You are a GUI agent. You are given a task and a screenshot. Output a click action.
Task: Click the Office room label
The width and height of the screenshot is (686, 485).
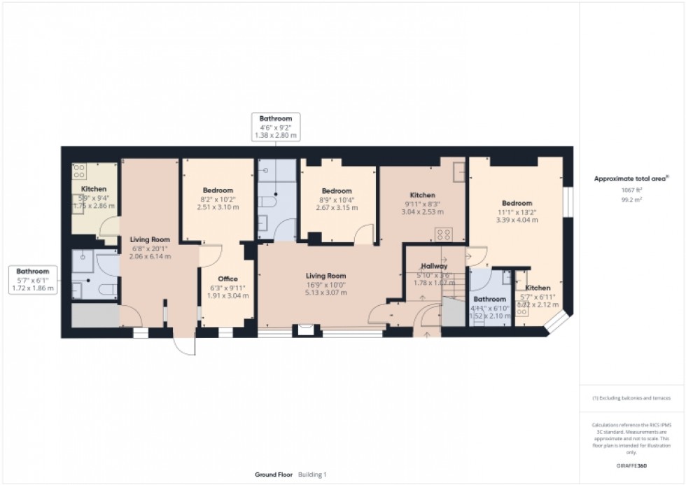coord(227,279)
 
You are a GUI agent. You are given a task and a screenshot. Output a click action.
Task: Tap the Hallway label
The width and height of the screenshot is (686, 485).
coord(434,266)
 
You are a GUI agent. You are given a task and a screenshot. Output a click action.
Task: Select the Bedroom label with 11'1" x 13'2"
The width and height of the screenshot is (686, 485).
coord(516,203)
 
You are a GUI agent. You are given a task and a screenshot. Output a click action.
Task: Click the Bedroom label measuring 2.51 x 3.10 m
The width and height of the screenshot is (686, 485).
coord(218,190)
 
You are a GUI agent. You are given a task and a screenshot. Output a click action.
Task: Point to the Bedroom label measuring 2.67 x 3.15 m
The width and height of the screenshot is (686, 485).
coord(337,191)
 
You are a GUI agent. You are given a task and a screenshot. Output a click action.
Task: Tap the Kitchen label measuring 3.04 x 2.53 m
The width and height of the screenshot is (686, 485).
coord(422,195)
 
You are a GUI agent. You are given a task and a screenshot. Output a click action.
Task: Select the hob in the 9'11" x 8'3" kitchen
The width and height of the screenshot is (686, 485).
coord(443,234)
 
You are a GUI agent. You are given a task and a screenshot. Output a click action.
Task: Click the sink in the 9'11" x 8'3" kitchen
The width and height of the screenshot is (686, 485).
coord(458,170)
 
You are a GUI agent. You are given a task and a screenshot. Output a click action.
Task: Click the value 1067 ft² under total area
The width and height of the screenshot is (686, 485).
coord(631,190)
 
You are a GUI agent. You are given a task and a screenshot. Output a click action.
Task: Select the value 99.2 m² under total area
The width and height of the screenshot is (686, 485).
coord(631,199)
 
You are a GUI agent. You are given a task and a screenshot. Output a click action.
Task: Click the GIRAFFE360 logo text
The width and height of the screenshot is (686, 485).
coord(632,464)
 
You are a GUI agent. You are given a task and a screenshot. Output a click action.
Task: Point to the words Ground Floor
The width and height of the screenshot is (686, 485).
coord(274,475)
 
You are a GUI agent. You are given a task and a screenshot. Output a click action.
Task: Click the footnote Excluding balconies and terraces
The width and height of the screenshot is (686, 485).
coord(631,398)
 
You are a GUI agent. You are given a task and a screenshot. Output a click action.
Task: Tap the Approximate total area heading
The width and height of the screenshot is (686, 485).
coord(631,178)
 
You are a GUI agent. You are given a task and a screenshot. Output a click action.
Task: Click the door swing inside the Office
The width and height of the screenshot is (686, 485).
coord(213,252)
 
